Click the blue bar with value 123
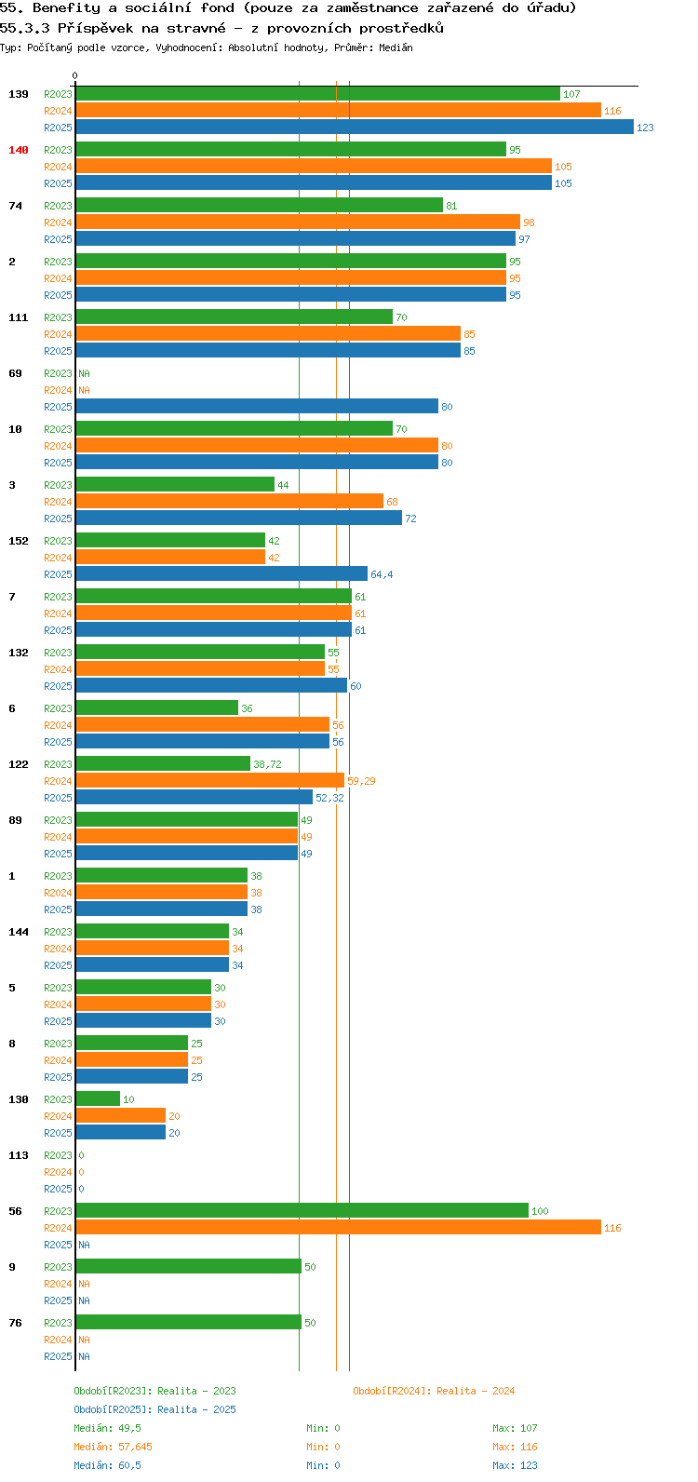pos(355,127)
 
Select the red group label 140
pos(19,150)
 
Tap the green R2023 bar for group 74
pos(260,205)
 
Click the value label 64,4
pos(382,574)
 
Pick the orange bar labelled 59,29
pos(210,781)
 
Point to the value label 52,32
pos(329,798)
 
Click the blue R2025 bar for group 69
pos(258,406)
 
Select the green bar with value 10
pos(98,1098)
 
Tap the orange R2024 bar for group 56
pos(339,1227)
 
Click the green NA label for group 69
pos(84,374)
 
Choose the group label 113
pos(19,1155)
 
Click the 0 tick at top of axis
pos(74,76)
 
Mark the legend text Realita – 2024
pos(476,1391)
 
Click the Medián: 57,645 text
pos(114,1447)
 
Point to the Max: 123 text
pos(515,1465)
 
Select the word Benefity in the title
pos(66,8)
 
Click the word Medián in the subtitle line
pos(396,47)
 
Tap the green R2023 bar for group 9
pos(189,1266)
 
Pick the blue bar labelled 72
pos(239,518)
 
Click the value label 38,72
pos(267,764)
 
